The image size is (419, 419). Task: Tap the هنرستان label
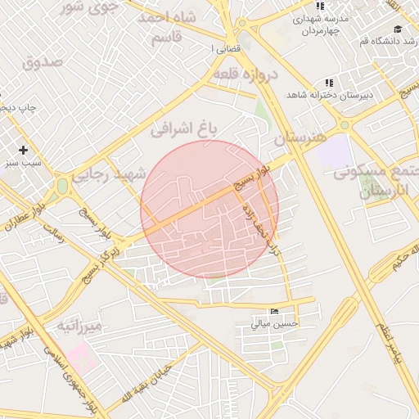tap(300, 137)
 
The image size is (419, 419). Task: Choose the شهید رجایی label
tap(108, 174)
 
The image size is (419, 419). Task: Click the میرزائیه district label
tap(79, 327)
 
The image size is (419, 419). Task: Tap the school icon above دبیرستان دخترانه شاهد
tap(329, 83)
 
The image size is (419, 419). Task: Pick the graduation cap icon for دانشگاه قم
tap(398, 29)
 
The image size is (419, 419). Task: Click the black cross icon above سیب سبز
tap(23, 150)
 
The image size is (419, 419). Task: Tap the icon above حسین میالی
tap(273, 312)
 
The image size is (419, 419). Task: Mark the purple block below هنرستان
tap(332, 152)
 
